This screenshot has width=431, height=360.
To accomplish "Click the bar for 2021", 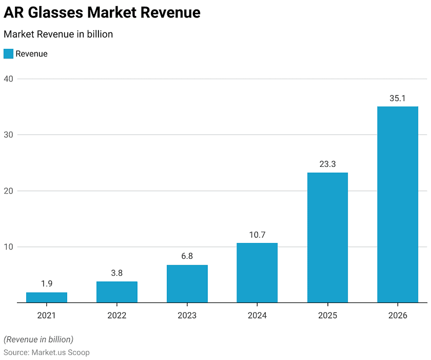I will click(47, 297).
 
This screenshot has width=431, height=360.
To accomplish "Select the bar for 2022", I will click(117, 292).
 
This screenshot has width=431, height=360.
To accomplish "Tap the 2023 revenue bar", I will click(187, 283).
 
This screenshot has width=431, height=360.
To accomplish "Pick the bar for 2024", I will click(257, 273).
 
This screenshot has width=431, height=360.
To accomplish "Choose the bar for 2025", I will click(327, 237).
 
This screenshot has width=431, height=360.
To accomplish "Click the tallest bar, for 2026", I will click(398, 204).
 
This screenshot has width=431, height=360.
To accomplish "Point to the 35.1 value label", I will click(398, 99).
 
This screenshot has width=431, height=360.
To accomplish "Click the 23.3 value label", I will click(327, 165).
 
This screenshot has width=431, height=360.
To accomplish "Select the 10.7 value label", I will click(257, 235).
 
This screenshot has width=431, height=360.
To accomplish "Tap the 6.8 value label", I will click(187, 257).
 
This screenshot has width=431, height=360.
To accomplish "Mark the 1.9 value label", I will click(47, 284).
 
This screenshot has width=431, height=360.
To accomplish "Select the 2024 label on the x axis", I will click(257, 315).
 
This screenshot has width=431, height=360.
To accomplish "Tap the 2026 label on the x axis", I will click(398, 315).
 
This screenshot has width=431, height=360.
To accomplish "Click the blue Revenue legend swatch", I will click(8, 53).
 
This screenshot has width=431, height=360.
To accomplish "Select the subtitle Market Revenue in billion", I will click(58, 34).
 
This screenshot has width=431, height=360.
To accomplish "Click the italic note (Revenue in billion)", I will click(38, 339).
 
